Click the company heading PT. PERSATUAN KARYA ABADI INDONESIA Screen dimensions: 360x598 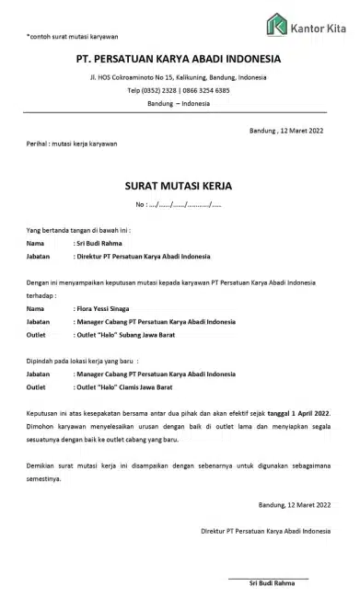(x=179, y=60)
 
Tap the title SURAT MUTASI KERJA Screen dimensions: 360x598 (x=178, y=185)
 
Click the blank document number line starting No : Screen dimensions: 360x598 (x=179, y=203)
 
